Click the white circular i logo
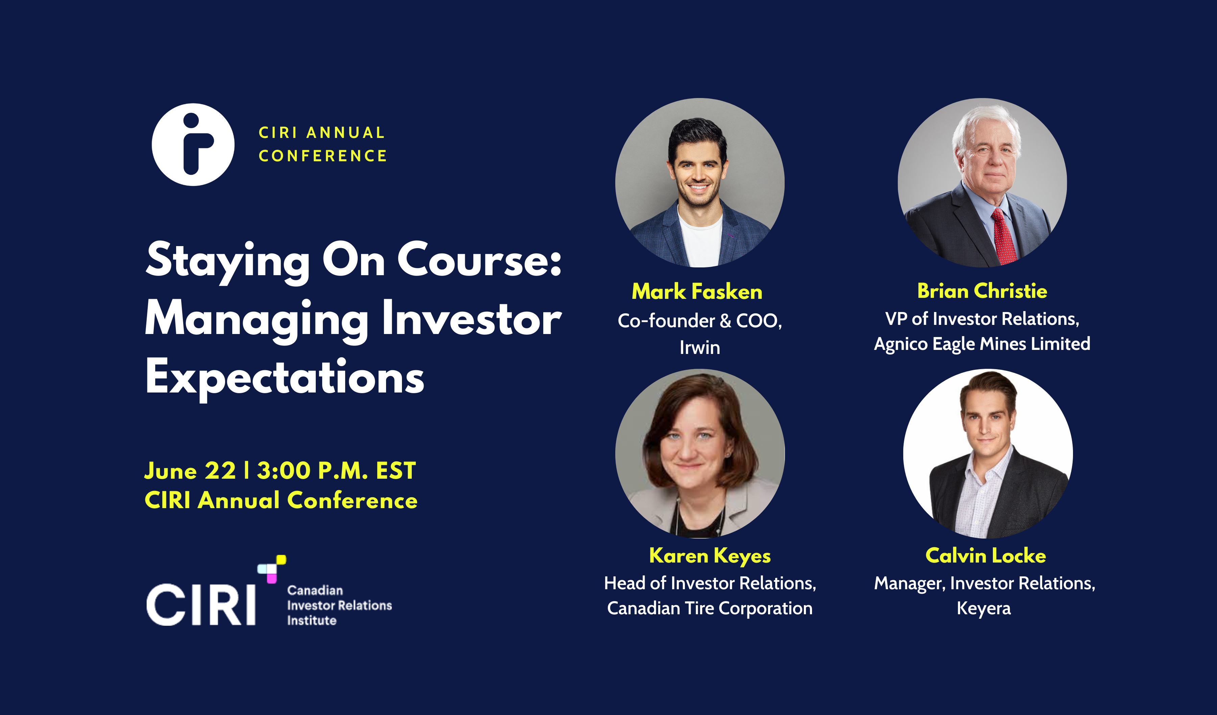(x=193, y=144)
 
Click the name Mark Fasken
(x=697, y=292)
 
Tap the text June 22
(x=190, y=471)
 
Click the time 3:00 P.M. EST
(x=336, y=471)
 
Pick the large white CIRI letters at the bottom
(x=201, y=604)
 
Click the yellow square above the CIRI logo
(x=281, y=559)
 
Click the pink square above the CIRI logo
(x=272, y=578)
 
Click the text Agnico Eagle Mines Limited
(x=982, y=344)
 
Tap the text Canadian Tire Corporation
(x=710, y=608)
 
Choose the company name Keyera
(x=983, y=608)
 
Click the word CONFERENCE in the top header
(x=323, y=156)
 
